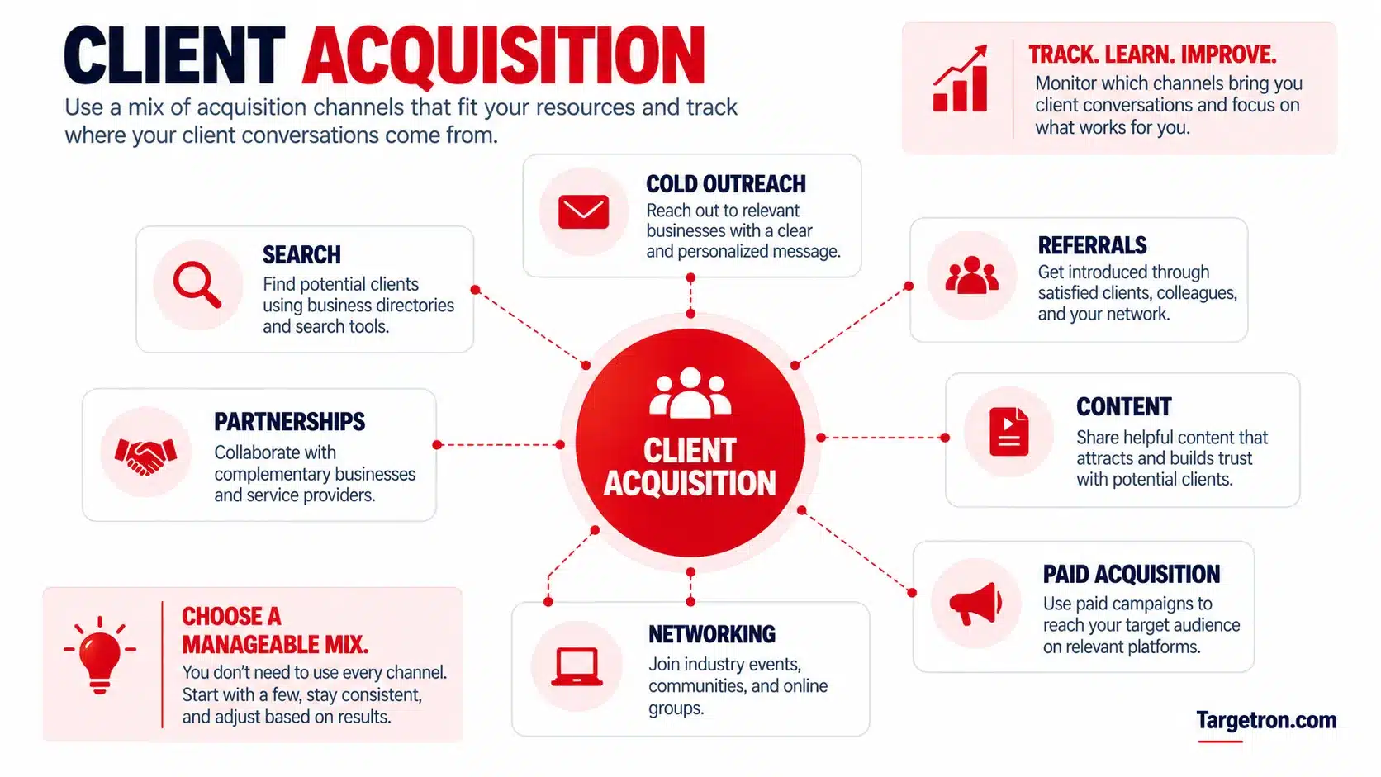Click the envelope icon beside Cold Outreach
click(583, 212)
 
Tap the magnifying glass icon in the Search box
click(197, 285)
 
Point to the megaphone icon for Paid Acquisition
click(975, 604)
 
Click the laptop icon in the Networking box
click(577, 666)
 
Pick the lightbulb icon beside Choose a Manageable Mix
click(100, 655)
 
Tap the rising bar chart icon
click(961, 78)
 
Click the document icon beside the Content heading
click(1008, 431)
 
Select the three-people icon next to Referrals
click(971, 275)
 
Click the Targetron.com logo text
click(1266, 720)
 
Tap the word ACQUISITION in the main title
click(504, 56)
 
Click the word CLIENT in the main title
click(174, 55)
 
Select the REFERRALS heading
click(1092, 245)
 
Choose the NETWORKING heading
click(711, 634)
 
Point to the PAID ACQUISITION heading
click(1132, 574)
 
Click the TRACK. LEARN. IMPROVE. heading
click(1151, 54)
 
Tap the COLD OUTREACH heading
click(726, 183)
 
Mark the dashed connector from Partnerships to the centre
click(498, 444)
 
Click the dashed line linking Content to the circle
click(883, 438)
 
